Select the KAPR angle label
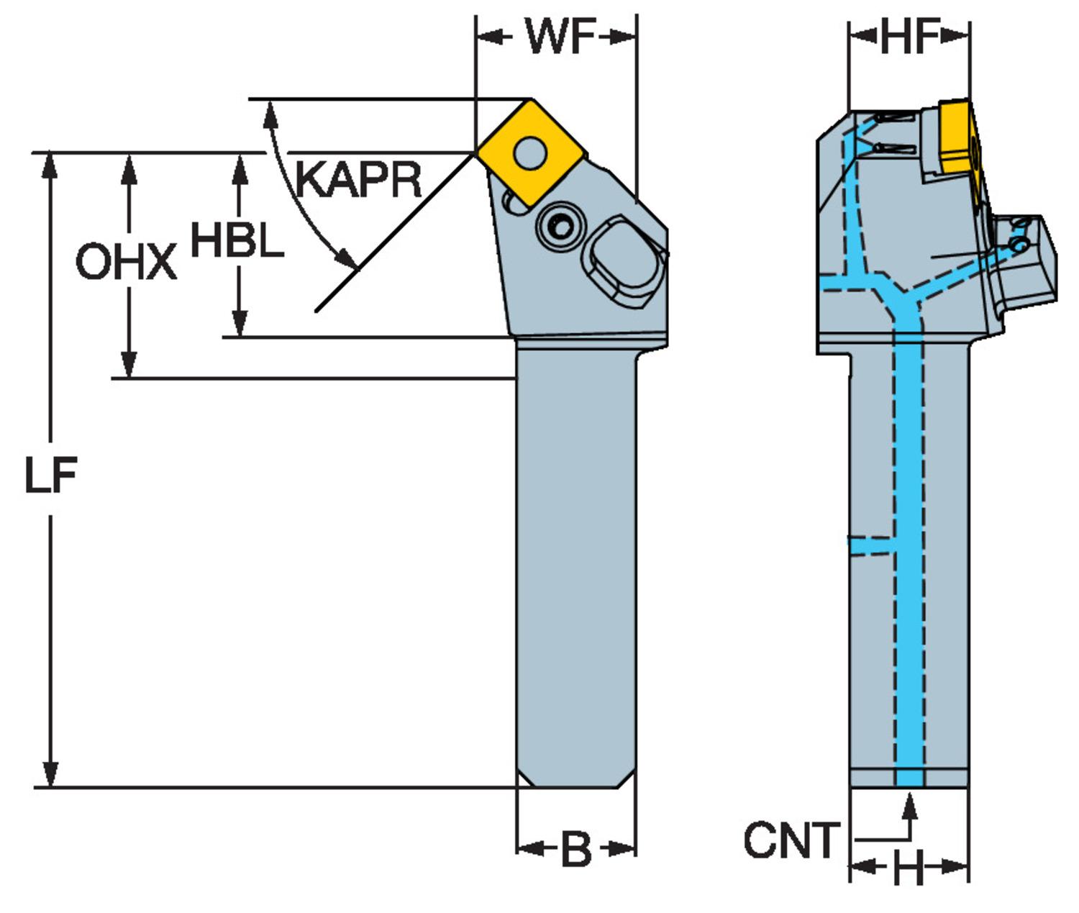[x=358, y=180]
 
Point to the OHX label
[x=126, y=262]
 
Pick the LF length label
[x=50, y=476]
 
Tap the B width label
[x=575, y=849]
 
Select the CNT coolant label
[x=791, y=840]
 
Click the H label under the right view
[x=909, y=870]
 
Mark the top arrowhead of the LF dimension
[x=50, y=163]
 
